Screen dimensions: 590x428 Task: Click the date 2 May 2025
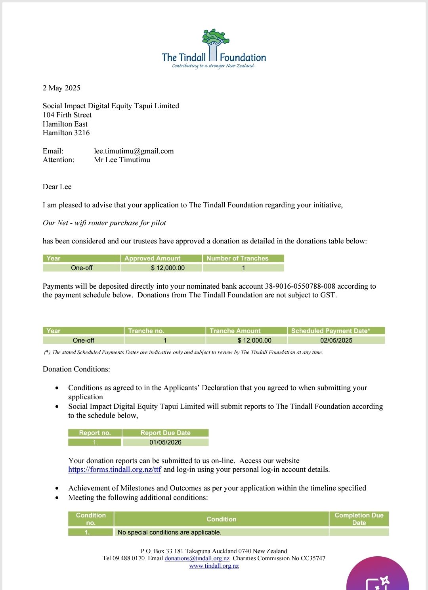61,88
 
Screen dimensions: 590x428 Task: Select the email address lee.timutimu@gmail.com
134,151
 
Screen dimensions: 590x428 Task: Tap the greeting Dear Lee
57,187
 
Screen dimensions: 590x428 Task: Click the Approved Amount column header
152,259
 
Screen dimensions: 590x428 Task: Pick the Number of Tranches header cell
237,259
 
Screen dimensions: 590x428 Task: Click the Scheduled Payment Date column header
331,331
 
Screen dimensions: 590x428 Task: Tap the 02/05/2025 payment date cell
336,341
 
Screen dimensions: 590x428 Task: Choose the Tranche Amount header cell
235,331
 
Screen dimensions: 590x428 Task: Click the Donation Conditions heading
76,369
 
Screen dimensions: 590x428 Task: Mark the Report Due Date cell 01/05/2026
165,442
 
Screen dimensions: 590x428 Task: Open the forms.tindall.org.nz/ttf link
115,470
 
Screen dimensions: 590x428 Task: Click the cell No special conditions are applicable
170,533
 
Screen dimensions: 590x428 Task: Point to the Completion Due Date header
359,519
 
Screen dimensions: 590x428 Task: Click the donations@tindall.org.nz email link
197,558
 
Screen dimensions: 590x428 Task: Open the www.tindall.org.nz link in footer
214,566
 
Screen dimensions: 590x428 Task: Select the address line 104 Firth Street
67,115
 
